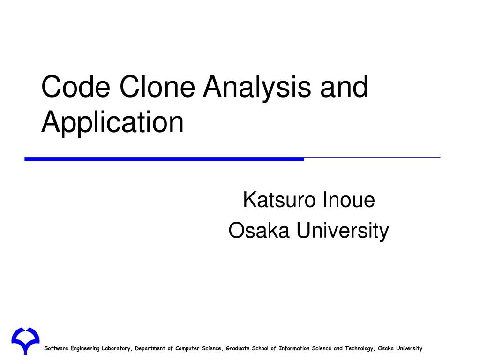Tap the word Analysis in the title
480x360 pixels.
256,88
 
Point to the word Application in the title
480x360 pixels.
112,122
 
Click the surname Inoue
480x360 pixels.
349,200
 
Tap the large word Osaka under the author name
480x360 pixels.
259,231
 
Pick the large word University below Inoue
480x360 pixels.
342,231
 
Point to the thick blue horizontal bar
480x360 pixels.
164,159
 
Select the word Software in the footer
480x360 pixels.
56,348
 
